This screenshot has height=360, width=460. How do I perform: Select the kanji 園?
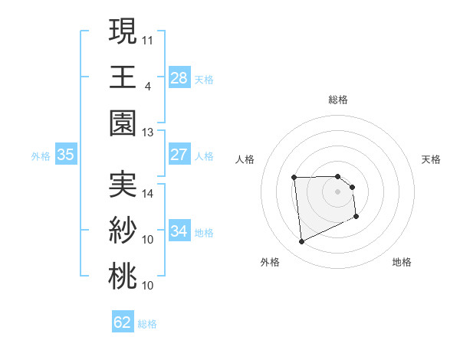(x=123, y=123)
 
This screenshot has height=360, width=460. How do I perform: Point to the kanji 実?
(x=123, y=183)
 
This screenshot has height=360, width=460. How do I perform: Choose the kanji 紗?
(x=123, y=229)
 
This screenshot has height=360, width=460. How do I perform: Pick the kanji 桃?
(x=123, y=275)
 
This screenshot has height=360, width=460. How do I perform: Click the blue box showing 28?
(x=179, y=77)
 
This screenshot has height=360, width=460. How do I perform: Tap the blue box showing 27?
(x=179, y=155)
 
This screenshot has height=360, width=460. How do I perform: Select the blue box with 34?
(x=179, y=231)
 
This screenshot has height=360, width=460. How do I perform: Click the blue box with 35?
(x=66, y=155)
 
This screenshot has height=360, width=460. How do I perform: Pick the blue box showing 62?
(x=123, y=322)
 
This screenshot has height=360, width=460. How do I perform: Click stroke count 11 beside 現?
(x=148, y=38)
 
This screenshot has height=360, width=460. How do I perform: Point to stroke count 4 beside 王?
(x=148, y=85)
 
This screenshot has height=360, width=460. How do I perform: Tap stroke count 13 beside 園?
(x=148, y=132)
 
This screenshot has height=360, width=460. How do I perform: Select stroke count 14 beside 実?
(x=148, y=194)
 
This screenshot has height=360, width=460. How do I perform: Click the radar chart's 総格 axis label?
(x=337, y=100)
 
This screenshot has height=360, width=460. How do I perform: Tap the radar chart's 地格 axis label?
(x=402, y=262)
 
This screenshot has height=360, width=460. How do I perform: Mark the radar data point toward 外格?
(x=301, y=242)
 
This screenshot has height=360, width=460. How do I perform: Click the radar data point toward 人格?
(x=294, y=178)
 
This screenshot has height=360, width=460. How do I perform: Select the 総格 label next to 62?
(x=147, y=324)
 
